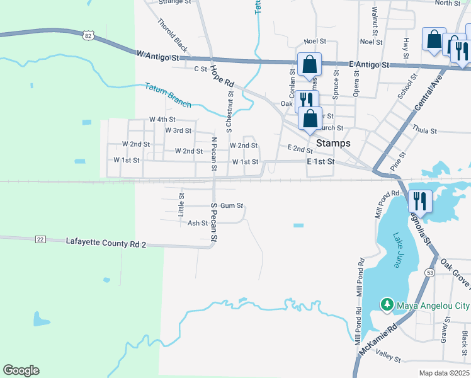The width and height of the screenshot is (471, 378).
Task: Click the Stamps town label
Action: [x=333, y=144]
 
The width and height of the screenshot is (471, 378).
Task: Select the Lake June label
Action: [x=398, y=251]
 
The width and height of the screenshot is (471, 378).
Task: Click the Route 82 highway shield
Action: [x=88, y=36]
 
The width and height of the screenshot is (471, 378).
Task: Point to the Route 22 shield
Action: [x=41, y=239]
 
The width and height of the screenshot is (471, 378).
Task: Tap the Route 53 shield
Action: [x=429, y=272]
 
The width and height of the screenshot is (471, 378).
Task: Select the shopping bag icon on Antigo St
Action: [x=309, y=64]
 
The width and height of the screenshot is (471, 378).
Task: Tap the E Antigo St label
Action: [x=369, y=65]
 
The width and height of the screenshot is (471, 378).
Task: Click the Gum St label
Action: [x=231, y=205]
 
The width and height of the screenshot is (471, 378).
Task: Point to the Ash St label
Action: [x=198, y=223]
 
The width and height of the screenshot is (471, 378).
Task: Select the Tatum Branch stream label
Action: [x=167, y=94]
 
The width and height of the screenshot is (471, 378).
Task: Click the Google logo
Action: [x=21, y=370]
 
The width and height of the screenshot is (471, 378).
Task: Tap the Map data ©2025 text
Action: [x=444, y=373]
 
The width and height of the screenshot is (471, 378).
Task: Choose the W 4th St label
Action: [x=162, y=119]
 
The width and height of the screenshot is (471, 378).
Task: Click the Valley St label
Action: [x=388, y=358]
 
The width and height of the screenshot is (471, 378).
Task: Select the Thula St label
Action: [x=424, y=130]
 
